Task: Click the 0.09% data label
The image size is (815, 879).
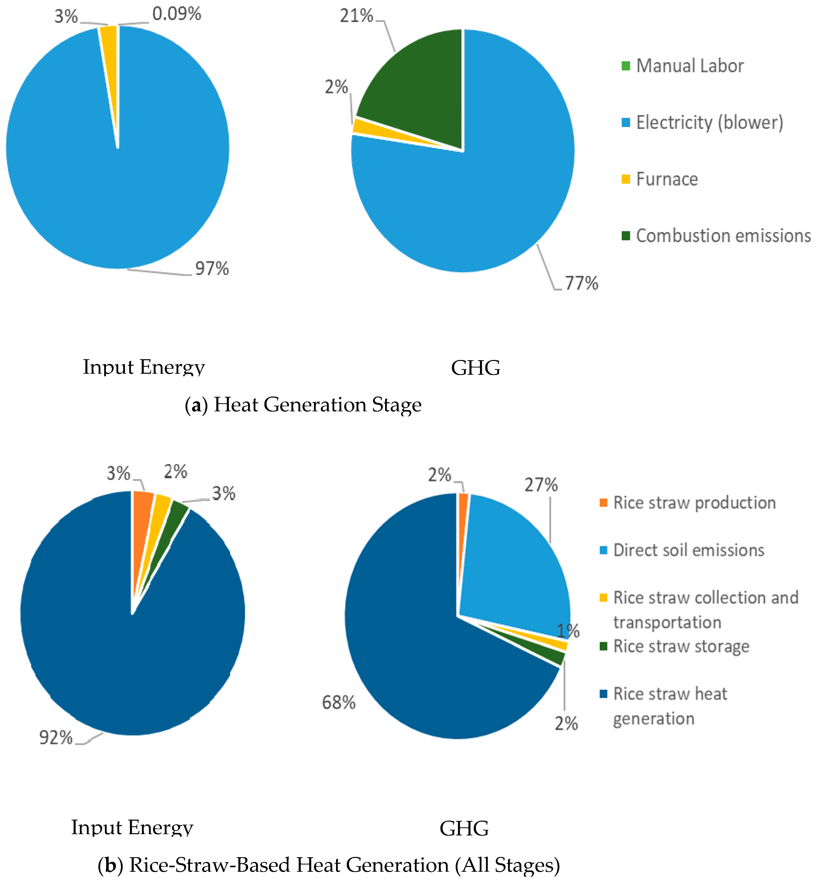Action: (x=177, y=14)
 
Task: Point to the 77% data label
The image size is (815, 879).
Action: (x=581, y=283)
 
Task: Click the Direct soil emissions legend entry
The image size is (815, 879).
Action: (x=688, y=550)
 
